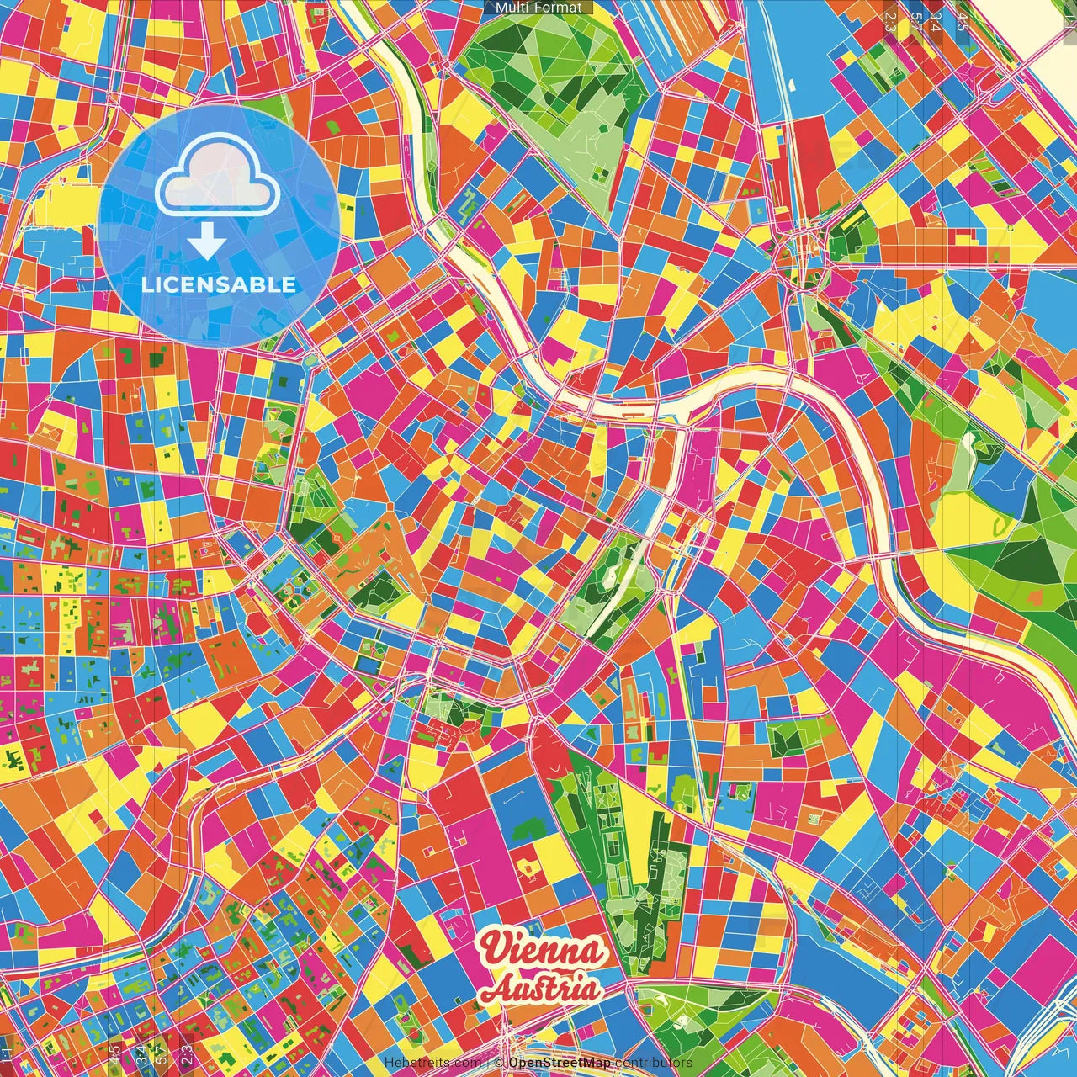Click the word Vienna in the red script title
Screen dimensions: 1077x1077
pyautogui.click(x=543, y=952)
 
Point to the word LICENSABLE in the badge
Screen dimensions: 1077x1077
pyautogui.click(x=219, y=284)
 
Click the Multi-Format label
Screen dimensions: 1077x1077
pyautogui.click(x=538, y=8)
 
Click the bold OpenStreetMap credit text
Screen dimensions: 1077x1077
pyautogui.click(x=560, y=1063)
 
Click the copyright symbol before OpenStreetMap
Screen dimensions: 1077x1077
pyautogui.click(x=499, y=1063)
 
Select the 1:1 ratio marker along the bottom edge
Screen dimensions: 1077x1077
pyautogui.click(x=7, y=1055)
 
